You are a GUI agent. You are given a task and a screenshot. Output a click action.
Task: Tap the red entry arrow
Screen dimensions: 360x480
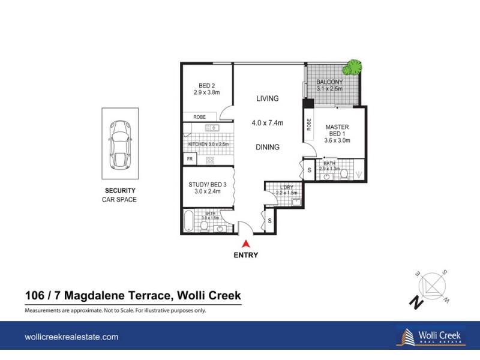tap(245, 244)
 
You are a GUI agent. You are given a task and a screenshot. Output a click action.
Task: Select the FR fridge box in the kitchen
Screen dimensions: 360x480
tap(190, 159)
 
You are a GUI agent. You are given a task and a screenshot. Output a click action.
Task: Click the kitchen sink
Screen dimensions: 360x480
tap(211, 128)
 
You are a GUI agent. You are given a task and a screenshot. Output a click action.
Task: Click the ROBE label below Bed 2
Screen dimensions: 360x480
tap(200, 116)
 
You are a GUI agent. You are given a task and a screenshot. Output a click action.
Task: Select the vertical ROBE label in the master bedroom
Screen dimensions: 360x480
tap(309, 125)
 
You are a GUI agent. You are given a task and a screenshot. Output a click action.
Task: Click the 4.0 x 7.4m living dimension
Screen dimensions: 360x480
tap(267, 123)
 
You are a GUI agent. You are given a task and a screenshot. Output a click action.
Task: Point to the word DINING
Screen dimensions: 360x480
tap(267, 147)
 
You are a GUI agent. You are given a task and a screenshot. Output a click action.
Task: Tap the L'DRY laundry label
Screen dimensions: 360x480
tap(286, 188)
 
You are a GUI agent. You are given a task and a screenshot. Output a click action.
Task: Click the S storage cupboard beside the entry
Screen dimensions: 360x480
tap(269, 221)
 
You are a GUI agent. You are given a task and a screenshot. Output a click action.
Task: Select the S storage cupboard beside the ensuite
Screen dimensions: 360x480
tap(309, 170)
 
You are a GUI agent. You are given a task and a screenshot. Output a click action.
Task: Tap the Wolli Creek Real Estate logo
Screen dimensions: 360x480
tap(431, 337)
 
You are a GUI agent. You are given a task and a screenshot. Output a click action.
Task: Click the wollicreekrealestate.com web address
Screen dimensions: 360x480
tap(71, 338)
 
